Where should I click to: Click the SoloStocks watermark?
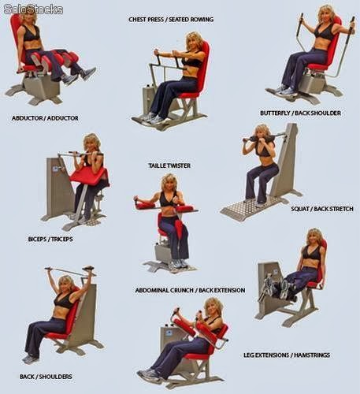pos(33,9)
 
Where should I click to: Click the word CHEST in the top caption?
pos(136,20)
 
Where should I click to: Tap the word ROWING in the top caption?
pos(202,20)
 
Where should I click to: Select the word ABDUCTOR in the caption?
pos(27,118)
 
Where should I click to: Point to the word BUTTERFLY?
pos(275,113)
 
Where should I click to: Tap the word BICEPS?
pos(37,240)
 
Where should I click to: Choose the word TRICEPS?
pos(62,240)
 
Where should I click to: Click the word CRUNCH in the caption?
pos(180,290)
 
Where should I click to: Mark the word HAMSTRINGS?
pos(312,355)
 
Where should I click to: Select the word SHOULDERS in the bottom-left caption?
pos(56,377)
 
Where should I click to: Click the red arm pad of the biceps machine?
pos(89,176)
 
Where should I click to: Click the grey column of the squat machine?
pos(285,160)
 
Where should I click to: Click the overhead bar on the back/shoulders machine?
pos(70,271)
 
